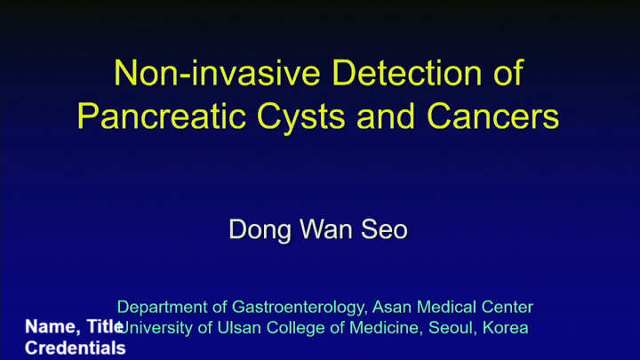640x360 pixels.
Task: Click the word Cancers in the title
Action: point(494,116)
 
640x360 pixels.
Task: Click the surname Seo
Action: point(384,229)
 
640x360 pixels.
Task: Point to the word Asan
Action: point(392,308)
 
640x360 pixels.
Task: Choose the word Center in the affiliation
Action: point(506,308)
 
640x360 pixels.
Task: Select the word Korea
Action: point(506,328)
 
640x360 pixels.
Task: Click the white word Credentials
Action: point(76,348)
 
